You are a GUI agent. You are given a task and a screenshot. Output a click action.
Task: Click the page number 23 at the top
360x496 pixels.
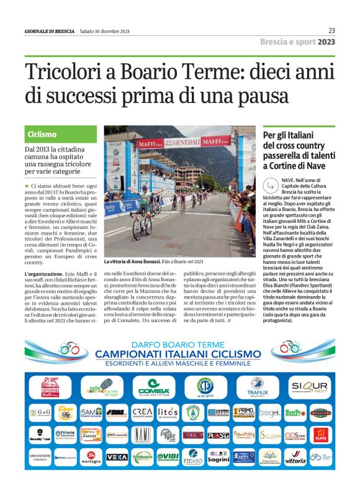click(331, 30)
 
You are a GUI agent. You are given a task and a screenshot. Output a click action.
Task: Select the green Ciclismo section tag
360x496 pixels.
click(42, 134)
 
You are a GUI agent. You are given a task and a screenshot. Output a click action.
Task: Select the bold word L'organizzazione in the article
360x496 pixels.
click(44, 291)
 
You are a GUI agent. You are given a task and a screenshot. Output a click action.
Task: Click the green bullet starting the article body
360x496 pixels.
click(27, 186)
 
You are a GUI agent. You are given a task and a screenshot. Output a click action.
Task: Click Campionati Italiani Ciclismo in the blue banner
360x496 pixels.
click(181, 353)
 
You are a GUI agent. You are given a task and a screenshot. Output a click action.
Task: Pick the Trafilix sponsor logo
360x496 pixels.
click(257, 387)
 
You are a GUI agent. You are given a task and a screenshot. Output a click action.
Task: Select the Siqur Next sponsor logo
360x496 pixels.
click(308, 387)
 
